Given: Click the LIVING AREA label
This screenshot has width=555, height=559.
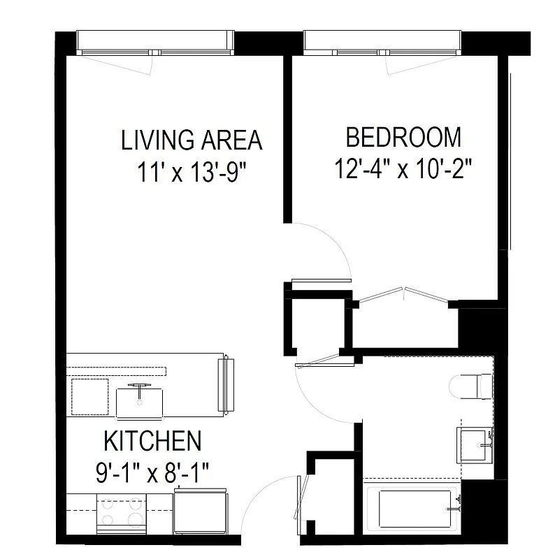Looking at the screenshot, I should pos(192,140).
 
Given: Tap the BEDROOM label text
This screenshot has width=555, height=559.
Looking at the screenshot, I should pos(404,137).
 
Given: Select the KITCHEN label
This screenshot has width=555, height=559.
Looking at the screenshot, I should pos(152,441).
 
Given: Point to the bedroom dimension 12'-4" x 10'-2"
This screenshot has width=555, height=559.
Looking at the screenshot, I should pos(404,168).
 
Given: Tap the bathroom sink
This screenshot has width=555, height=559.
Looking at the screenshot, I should pos(477,442).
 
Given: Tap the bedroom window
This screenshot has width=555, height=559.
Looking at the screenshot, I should pos(383,43).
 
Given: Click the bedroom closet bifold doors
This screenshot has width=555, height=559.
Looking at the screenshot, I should pos(404,295).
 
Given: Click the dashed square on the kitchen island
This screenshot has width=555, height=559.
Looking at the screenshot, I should pos(90,396).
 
